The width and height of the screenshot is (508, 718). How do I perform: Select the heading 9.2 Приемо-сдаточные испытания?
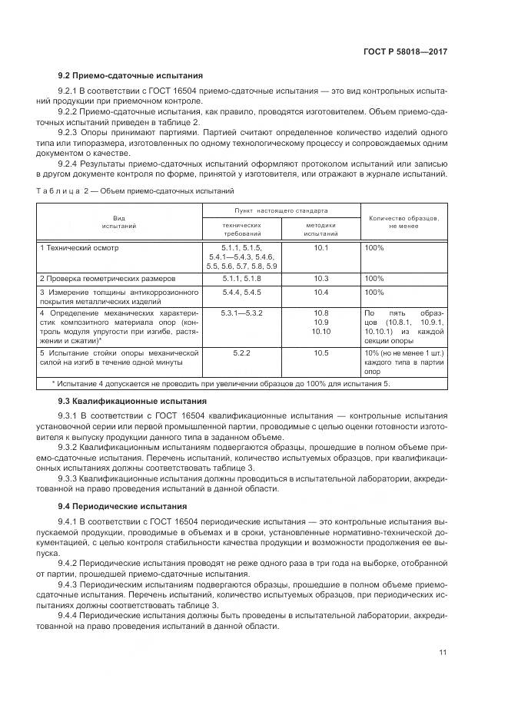[131, 76]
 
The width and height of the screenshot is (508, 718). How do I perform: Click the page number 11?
[443, 653]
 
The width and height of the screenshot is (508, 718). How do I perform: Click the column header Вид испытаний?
[118, 223]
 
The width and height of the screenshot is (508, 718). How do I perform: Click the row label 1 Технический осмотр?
[79, 248]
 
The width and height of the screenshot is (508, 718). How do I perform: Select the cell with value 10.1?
[320, 248]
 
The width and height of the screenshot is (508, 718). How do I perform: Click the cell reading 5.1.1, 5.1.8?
[242, 278]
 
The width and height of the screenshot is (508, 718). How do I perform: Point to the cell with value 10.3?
[320, 278]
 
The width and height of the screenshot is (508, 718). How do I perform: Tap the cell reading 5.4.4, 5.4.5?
[242, 293]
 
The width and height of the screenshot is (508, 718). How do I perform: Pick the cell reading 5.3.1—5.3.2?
[242, 313]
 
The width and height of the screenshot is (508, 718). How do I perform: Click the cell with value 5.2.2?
[242, 352]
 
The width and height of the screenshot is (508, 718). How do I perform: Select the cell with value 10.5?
[320, 352]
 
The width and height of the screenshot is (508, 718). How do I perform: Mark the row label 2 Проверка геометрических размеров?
[108, 278]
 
